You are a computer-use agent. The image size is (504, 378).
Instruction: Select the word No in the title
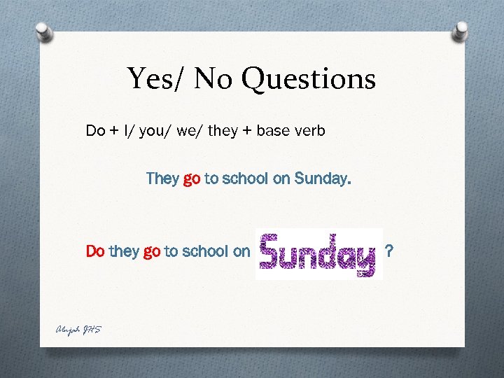coord(215,79)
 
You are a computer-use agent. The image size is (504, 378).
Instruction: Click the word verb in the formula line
coord(310,130)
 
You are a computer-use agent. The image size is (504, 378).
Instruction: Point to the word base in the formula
coord(274,130)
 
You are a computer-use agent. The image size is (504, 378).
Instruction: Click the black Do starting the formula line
coord(95,130)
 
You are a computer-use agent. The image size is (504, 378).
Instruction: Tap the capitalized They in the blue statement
coord(162,178)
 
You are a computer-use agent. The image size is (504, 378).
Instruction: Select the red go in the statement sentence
coord(192,179)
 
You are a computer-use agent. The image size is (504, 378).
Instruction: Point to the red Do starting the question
coord(95,251)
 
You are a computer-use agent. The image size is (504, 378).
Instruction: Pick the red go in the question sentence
coord(151,251)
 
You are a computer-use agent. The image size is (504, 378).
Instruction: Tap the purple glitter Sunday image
coord(318,253)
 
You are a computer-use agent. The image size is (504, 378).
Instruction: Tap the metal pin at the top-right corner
coord(461,31)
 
